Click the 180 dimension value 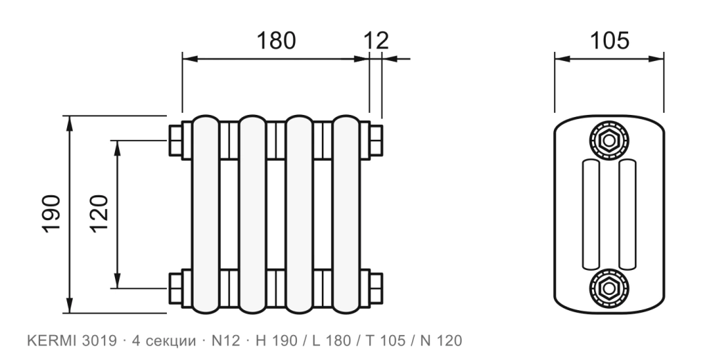[276, 40]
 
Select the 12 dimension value [376, 41]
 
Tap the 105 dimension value [609, 40]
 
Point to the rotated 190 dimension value [51, 213]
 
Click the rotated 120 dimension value [99, 213]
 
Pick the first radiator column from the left [206, 214]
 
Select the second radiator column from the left [253, 214]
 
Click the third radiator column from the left [299, 214]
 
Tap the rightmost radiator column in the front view [346, 214]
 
